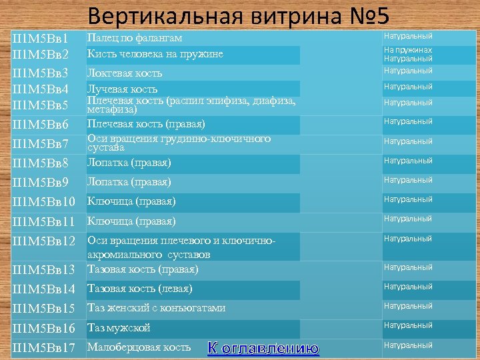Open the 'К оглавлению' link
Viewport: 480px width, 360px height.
point(263,348)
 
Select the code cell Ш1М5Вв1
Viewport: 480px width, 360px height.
point(41,39)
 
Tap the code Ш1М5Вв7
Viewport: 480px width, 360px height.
point(41,144)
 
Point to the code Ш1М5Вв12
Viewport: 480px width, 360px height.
point(44,240)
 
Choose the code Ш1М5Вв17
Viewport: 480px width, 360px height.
point(44,347)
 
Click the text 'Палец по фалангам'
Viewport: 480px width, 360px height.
point(135,38)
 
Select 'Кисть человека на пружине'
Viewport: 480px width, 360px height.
point(155,54)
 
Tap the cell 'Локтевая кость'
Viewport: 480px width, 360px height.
point(125,73)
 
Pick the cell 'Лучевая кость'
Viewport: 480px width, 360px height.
point(123,89)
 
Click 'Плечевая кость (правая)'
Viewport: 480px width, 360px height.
point(146,124)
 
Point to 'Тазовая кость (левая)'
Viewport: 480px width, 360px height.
point(140,289)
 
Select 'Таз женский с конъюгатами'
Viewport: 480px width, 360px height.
point(157,308)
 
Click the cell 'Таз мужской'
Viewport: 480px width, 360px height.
point(119,327)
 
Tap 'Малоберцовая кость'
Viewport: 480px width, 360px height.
point(139,347)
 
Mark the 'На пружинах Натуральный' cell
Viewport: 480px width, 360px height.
point(408,55)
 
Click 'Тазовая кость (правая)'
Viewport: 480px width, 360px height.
point(143,269)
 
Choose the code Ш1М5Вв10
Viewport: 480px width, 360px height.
point(44,201)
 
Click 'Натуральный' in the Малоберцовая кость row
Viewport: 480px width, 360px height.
point(408,345)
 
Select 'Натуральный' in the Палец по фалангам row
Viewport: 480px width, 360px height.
point(408,36)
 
